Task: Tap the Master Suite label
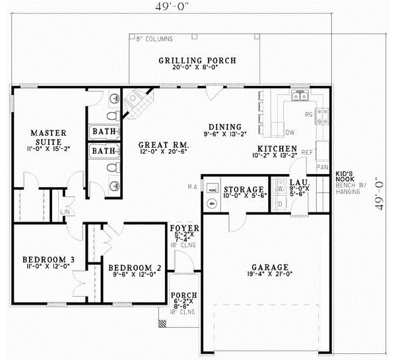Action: (x=46, y=138)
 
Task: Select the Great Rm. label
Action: (x=164, y=144)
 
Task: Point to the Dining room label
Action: (x=225, y=127)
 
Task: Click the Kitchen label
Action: (x=277, y=148)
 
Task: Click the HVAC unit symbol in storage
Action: (x=213, y=187)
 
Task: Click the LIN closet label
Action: (x=66, y=212)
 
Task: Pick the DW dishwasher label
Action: (x=290, y=131)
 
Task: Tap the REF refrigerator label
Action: (x=307, y=152)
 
